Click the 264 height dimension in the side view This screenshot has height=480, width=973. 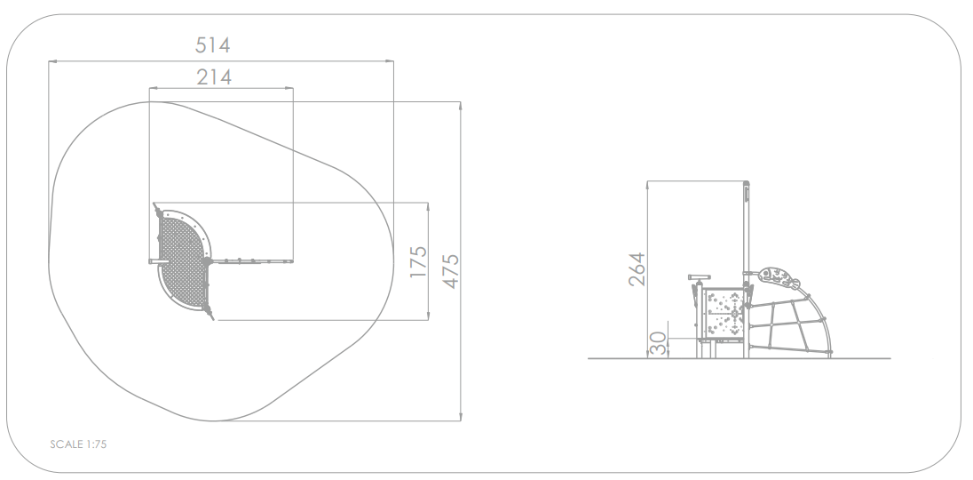[637, 268]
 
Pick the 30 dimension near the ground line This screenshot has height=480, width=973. [658, 345]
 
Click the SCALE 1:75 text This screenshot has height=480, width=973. [79, 444]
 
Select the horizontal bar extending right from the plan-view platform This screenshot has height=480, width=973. [253, 261]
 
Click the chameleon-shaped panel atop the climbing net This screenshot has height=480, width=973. [779, 277]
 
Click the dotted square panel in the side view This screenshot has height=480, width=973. [725, 314]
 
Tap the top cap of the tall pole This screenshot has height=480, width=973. [747, 188]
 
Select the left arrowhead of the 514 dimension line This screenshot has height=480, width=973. [51, 61]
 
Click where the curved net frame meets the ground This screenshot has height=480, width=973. [831, 356]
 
